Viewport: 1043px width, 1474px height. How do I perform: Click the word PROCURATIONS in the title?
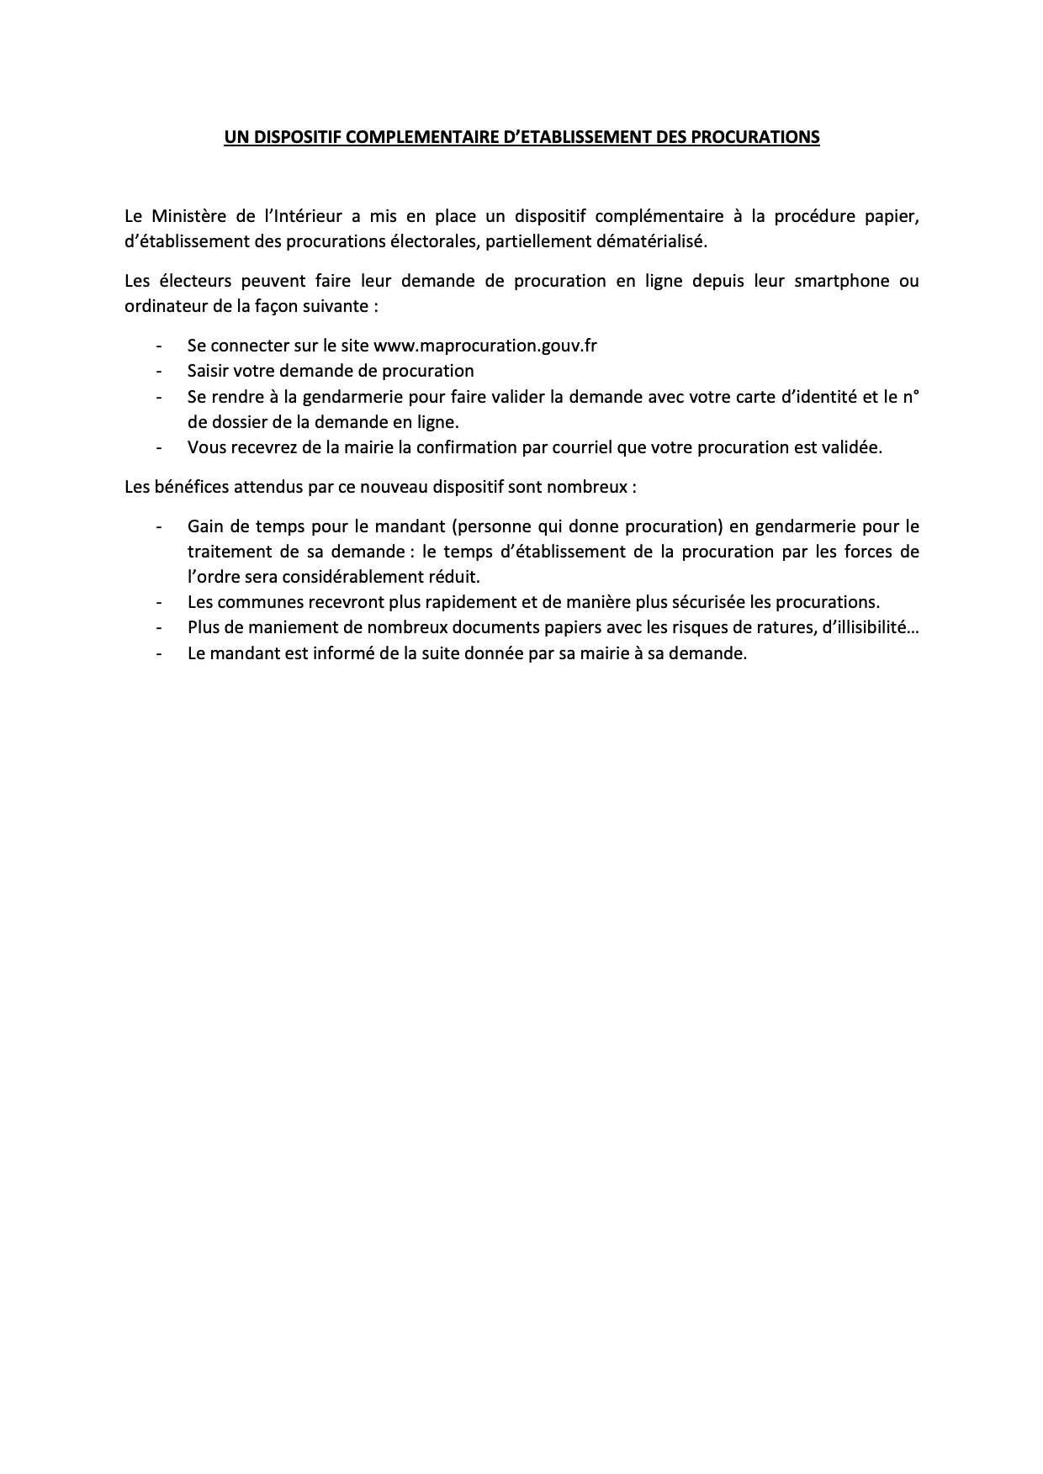point(755,137)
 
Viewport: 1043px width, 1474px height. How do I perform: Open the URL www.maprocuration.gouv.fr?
point(485,346)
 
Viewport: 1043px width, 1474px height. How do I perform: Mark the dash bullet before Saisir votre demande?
point(158,371)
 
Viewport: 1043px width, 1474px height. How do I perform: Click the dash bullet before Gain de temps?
point(158,526)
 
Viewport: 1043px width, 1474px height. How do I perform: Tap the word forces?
point(872,552)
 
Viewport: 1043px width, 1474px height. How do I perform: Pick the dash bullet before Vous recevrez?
point(158,447)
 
